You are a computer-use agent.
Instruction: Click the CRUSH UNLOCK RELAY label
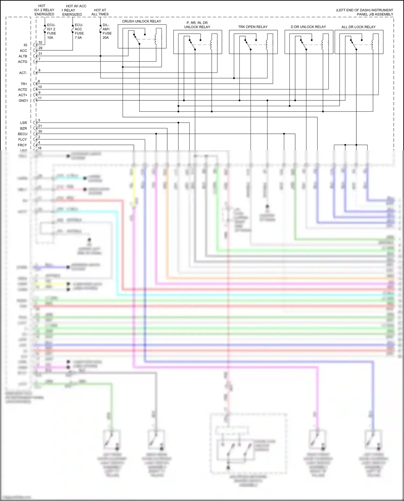pyautogui.click(x=141, y=21)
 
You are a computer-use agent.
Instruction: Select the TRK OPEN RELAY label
pyautogui.click(x=253, y=27)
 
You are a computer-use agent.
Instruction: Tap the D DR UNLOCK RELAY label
pyautogui.click(x=308, y=27)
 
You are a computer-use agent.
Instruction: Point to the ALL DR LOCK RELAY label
pyautogui.click(x=358, y=27)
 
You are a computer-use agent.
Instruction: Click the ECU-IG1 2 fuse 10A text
pyautogui.click(x=51, y=31)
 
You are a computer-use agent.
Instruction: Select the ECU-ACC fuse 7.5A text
pyautogui.click(x=79, y=31)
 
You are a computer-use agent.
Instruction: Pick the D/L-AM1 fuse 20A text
pyautogui.click(x=107, y=31)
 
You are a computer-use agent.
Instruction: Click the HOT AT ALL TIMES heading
pyautogui.click(x=100, y=12)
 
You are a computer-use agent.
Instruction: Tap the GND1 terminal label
pyautogui.click(x=23, y=101)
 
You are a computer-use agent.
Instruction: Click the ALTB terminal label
pyautogui.click(x=23, y=56)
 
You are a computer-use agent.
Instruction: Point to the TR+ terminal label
pyautogui.click(x=24, y=84)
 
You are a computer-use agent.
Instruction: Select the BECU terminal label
pyautogui.click(x=23, y=134)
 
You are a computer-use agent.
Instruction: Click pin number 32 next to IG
pyautogui.click(x=40, y=43)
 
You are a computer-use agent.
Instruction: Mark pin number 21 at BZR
pyautogui.click(x=40, y=126)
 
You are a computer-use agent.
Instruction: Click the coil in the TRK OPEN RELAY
pyautogui.click(x=267, y=45)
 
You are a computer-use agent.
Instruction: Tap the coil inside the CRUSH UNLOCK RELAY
pyautogui.click(x=156, y=39)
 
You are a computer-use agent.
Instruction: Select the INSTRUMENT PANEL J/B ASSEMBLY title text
pyautogui.click(x=364, y=12)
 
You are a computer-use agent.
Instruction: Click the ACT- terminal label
pyautogui.click(x=23, y=73)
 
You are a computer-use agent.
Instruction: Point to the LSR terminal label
pyautogui.click(x=23, y=123)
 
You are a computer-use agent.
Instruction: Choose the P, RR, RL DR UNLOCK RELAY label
pyautogui.click(x=197, y=25)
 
